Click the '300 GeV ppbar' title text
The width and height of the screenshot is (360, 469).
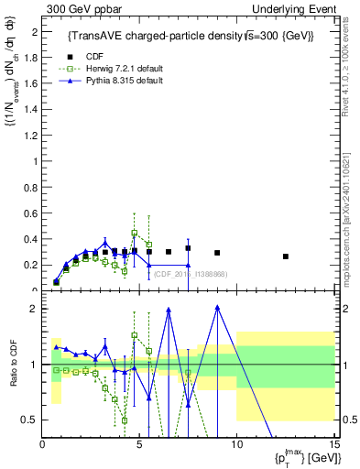[x=81, y=8]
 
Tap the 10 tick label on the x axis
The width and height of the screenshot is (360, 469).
[x=236, y=445]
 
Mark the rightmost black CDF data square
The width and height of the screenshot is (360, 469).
[x=285, y=256]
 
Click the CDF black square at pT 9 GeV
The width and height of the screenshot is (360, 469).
[x=217, y=253]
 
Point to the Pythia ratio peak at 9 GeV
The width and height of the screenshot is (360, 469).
[x=217, y=307]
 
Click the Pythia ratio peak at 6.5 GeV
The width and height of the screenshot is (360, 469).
[x=169, y=310]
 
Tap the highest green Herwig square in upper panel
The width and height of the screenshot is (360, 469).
[x=135, y=233]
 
